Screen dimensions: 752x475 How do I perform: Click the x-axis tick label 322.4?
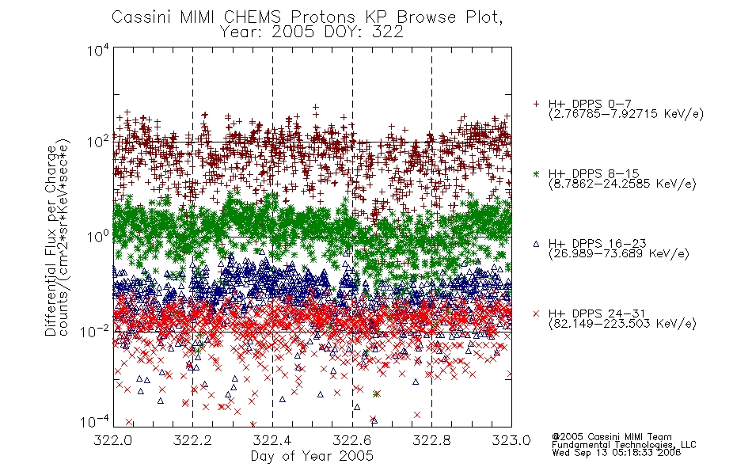[x=272, y=440]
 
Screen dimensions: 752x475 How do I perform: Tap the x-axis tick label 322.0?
[x=112, y=440]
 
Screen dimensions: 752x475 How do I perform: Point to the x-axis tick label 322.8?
[x=431, y=440]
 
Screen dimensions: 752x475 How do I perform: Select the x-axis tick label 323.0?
[x=511, y=440]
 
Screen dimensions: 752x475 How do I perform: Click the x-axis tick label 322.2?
[x=192, y=440]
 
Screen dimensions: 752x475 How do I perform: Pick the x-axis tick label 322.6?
[x=352, y=440]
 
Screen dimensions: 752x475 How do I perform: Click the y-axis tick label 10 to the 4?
[x=98, y=51]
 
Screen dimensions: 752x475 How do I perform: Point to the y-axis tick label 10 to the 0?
[x=98, y=236]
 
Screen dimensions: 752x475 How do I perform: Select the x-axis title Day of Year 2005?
[x=312, y=456]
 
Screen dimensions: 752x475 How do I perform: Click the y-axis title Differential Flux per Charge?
[x=51, y=241]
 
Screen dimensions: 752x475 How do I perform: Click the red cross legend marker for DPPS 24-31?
[x=536, y=313]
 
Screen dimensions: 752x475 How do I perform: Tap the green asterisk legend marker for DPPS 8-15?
[x=536, y=173]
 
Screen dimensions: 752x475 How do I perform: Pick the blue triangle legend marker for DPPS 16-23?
[x=536, y=244]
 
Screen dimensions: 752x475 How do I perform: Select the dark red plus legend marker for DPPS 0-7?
[x=536, y=104]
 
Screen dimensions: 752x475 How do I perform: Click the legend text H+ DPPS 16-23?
[x=597, y=243]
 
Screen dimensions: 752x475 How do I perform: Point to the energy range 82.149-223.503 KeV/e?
[x=622, y=324]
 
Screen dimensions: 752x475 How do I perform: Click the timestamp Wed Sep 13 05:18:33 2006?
[x=617, y=453]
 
